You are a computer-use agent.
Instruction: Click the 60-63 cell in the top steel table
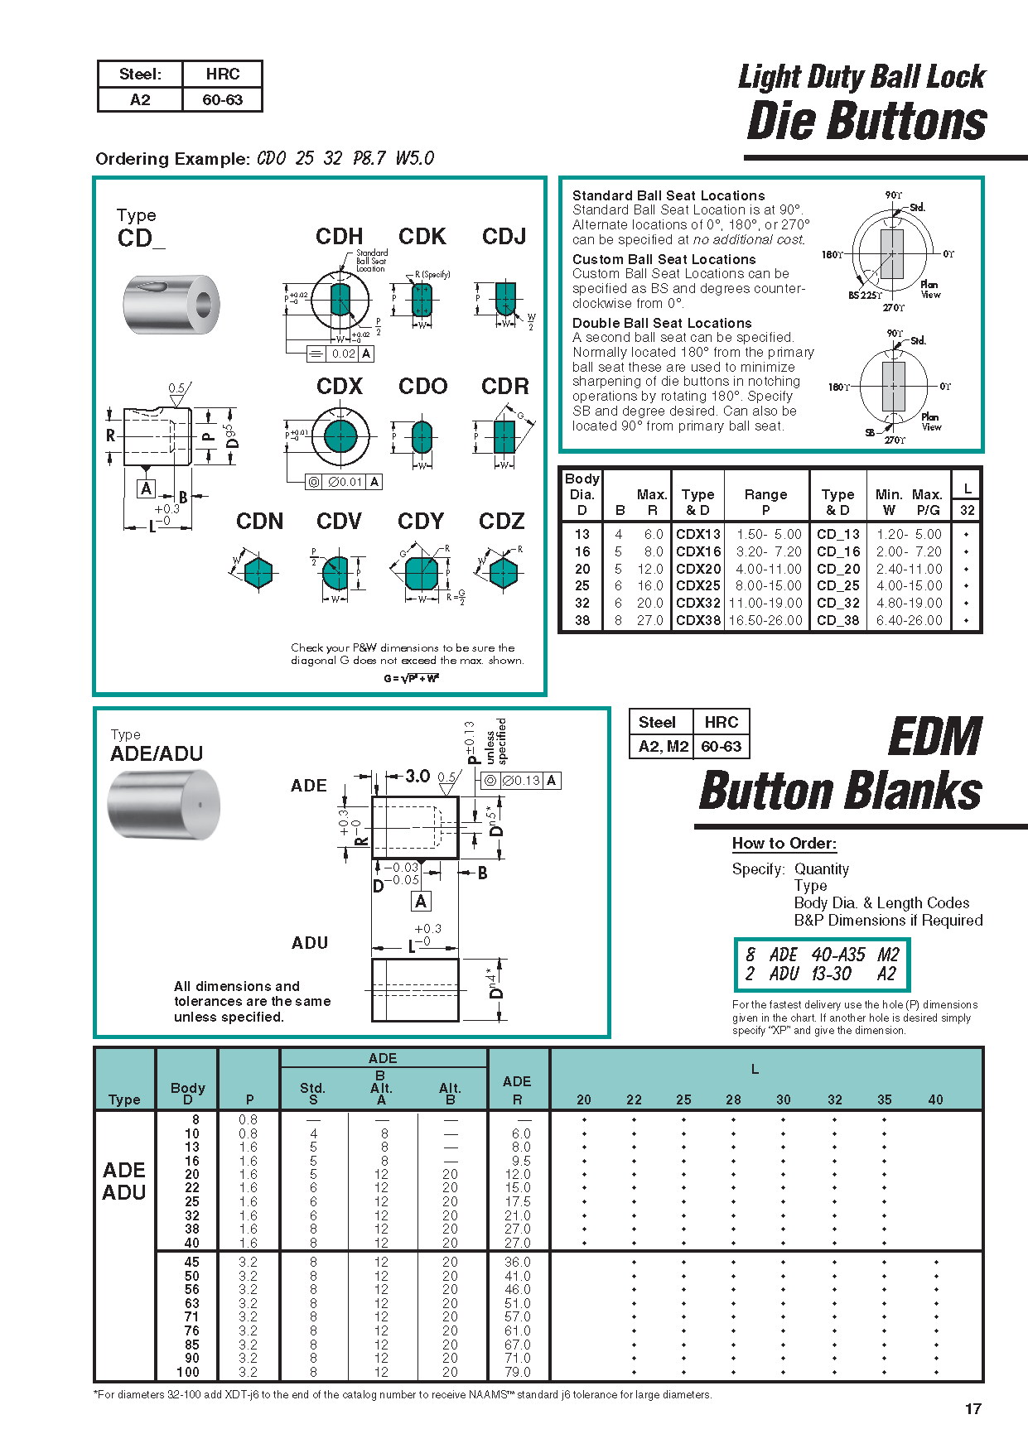[x=222, y=100]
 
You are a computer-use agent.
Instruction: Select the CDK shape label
[x=422, y=237]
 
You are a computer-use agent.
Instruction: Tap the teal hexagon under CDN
[x=258, y=572]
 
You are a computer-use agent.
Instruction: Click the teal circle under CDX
[x=340, y=435]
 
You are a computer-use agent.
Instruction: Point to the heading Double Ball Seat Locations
[x=662, y=323]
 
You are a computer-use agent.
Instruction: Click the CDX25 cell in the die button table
[x=698, y=585]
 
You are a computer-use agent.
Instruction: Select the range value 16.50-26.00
[x=765, y=620]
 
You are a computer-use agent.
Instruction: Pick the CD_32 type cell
[x=837, y=603]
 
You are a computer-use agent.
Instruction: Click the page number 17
[x=972, y=1408]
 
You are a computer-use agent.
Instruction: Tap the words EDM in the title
[x=934, y=737]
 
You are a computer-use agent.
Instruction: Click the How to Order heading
[x=784, y=843]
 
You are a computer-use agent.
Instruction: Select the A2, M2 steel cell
[x=663, y=746]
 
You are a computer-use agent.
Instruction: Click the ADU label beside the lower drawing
[x=310, y=943]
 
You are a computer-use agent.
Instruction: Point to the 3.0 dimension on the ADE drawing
[x=417, y=776]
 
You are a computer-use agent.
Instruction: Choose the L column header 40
[x=935, y=1099]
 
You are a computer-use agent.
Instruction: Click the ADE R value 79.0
[x=517, y=1372]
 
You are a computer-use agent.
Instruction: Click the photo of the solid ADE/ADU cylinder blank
[x=164, y=804]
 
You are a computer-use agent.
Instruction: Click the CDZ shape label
[x=501, y=522]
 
